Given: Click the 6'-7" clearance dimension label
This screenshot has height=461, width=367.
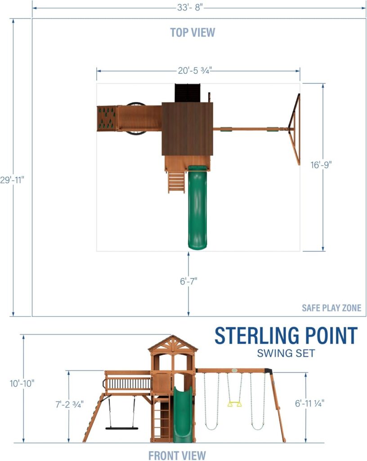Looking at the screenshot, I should pyautogui.click(x=189, y=281).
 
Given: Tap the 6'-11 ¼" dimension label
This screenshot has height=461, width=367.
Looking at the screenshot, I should pyautogui.click(x=309, y=404).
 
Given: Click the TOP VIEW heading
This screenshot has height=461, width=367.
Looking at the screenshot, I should pyautogui.click(x=192, y=32).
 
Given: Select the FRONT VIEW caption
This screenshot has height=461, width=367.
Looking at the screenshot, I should pyautogui.click(x=177, y=455).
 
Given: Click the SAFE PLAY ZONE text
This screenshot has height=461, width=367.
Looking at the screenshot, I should pyautogui.click(x=331, y=308).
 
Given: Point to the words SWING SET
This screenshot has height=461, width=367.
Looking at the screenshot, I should pyautogui.click(x=286, y=353).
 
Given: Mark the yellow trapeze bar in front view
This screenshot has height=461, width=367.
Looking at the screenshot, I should pyautogui.click(x=234, y=404).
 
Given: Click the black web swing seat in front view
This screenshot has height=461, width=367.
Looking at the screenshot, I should pyautogui.click(x=122, y=428).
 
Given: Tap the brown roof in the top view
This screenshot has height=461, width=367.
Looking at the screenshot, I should pyautogui.click(x=187, y=128).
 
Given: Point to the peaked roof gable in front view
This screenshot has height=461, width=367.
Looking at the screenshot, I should pyautogui.click(x=173, y=344).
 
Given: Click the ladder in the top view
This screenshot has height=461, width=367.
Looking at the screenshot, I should pyautogui.click(x=176, y=181).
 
